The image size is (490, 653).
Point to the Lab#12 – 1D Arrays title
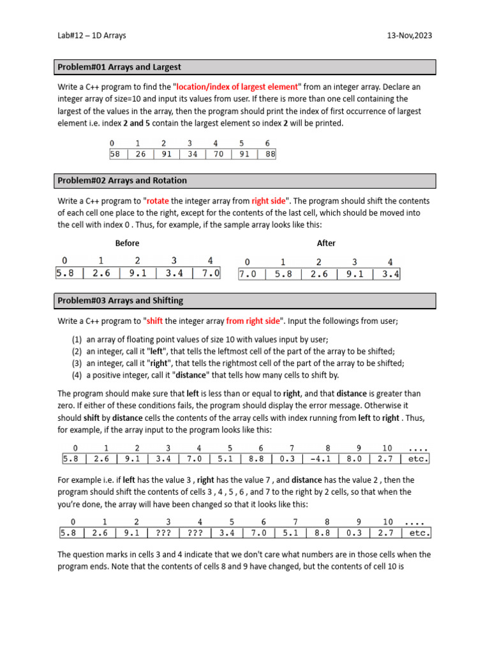pyautogui.click(x=92, y=36)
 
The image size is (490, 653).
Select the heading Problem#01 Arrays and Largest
pyautogui.click(x=119, y=67)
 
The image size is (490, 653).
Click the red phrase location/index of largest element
pyautogui.click(x=237, y=87)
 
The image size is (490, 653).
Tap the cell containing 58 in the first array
pyautogui.click(x=115, y=154)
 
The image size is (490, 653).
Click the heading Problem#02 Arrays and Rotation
pyautogui.click(x=122, y=180)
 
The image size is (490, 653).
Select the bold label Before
pyautogui.click(x=127, y=244)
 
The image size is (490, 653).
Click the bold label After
pyautogui.click(x=326, y=244)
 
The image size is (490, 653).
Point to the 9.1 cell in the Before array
pyautogui.click(x=138, y=273)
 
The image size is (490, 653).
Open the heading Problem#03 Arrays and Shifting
pyautogui.click(x=121, y=300)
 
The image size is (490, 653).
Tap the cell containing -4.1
pyautogui.click(x=322, y=459)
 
